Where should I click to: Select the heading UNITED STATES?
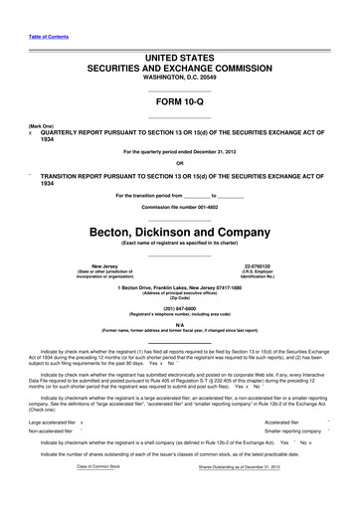pyautogui.click(x=179, y=61)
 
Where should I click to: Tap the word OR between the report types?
pyautogui.click(x=179, y=164)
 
